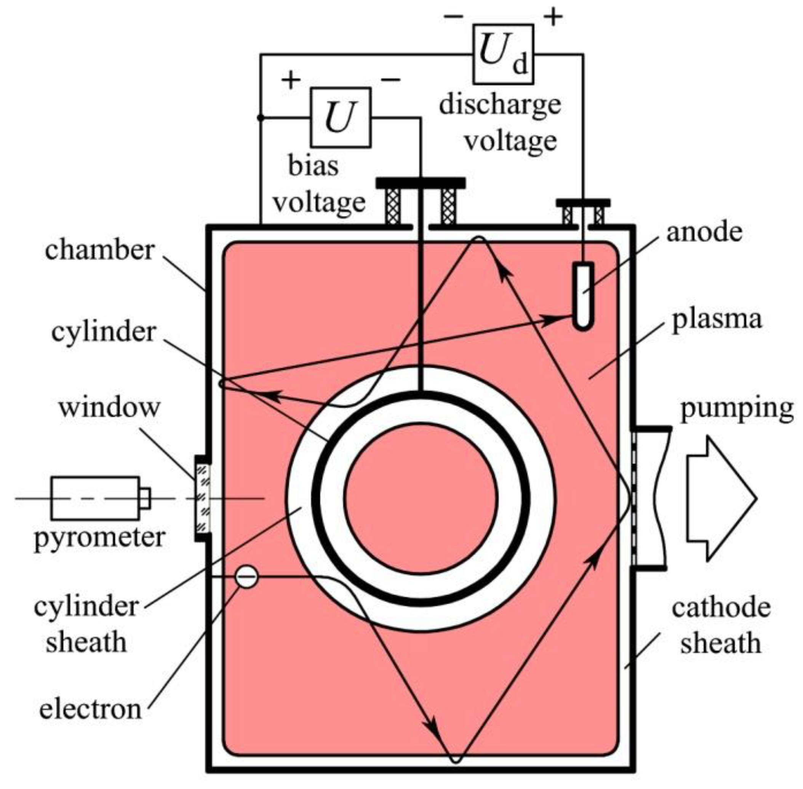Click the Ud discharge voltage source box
pyautogui.click(x=502, y=54)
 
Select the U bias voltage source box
pyautogui.click(x=340, y=118)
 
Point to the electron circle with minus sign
pyautogui.click(x=246, y=577)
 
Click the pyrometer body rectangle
pyautogui.click(x=95, y=498)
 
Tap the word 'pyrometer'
pyautogui.click(x=99, y=537)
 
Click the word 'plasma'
pyautogui.click(x=717, y=319)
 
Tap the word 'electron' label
pyautogui.click(x=90, y=709)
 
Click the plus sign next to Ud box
pyautogui.click(x=553, y=17)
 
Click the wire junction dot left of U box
pyautogui.click(x=260, y=118)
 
